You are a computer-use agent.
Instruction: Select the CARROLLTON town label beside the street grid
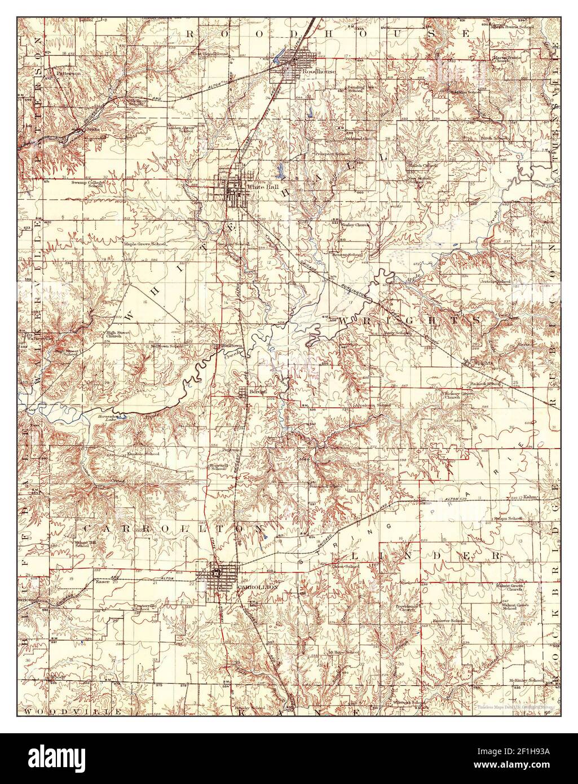[x=258, y=587]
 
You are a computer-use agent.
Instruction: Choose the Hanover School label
[x=448, y=620]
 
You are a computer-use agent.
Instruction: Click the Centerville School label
[x=142, y=607]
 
